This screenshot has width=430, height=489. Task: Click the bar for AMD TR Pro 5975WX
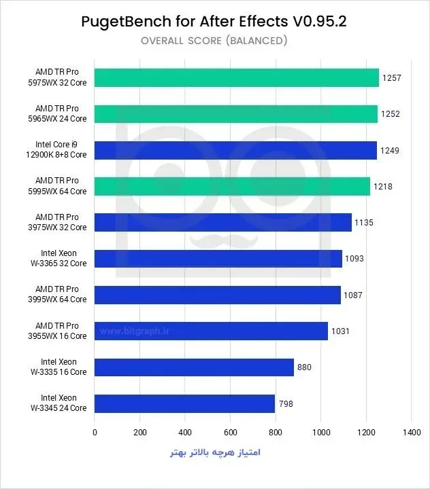point(237,77)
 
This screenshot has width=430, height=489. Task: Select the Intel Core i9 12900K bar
point(235,150)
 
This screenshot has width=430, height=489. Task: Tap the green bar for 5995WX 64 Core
point(232,187)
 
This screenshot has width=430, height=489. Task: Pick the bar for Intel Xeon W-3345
point(184,403)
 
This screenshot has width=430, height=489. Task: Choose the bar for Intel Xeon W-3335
point(194,367)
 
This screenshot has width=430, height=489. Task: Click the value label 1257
point(392,78)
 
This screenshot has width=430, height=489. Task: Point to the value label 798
point(286,404)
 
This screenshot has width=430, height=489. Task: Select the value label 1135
point(364,223)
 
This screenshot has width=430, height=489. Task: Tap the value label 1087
point(353,295)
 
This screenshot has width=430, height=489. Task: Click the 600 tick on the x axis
point(231,432)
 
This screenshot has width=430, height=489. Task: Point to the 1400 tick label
point(412,432)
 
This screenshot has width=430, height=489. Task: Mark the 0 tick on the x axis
point(95,432)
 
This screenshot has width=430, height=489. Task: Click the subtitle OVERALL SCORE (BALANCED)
point(214,41)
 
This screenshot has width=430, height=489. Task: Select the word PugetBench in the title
point(127,22)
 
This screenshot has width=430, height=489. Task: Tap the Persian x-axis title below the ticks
point(215,452)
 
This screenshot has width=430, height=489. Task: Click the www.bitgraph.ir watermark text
point(135,331)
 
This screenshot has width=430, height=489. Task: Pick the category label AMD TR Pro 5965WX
point(57,113)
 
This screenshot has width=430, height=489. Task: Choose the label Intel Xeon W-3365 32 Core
point(59,258)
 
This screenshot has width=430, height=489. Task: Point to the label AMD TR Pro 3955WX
point(57,331)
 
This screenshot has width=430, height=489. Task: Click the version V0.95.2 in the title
point(319,22)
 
